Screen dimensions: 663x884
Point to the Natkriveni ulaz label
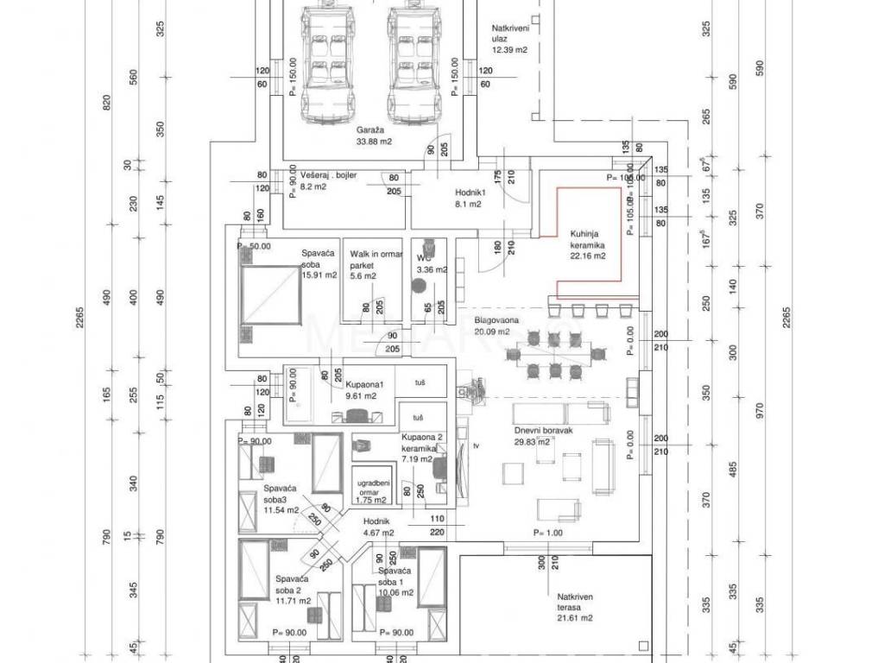509,34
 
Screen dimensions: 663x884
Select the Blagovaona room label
497,320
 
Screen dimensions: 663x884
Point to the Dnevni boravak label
544,432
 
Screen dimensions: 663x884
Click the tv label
477,445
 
